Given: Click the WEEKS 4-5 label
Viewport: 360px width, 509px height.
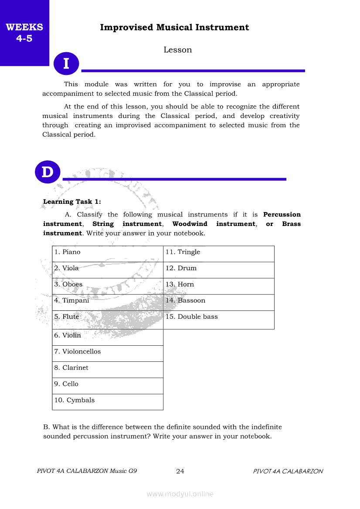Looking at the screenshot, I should pos(24,33).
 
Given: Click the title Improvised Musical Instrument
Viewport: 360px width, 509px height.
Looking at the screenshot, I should pos(174,27).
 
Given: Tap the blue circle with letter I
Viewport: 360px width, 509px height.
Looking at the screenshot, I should pos(66,64).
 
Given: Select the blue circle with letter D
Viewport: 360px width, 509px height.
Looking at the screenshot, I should pos(47,172).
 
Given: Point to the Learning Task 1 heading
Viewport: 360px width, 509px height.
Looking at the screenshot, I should pos(72,202).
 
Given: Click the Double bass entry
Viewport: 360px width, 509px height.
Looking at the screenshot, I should pos(219,319).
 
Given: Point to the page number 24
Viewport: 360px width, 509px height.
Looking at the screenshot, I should pos(180,471).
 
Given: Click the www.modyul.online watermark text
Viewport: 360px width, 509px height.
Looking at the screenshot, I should pos(180,494).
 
